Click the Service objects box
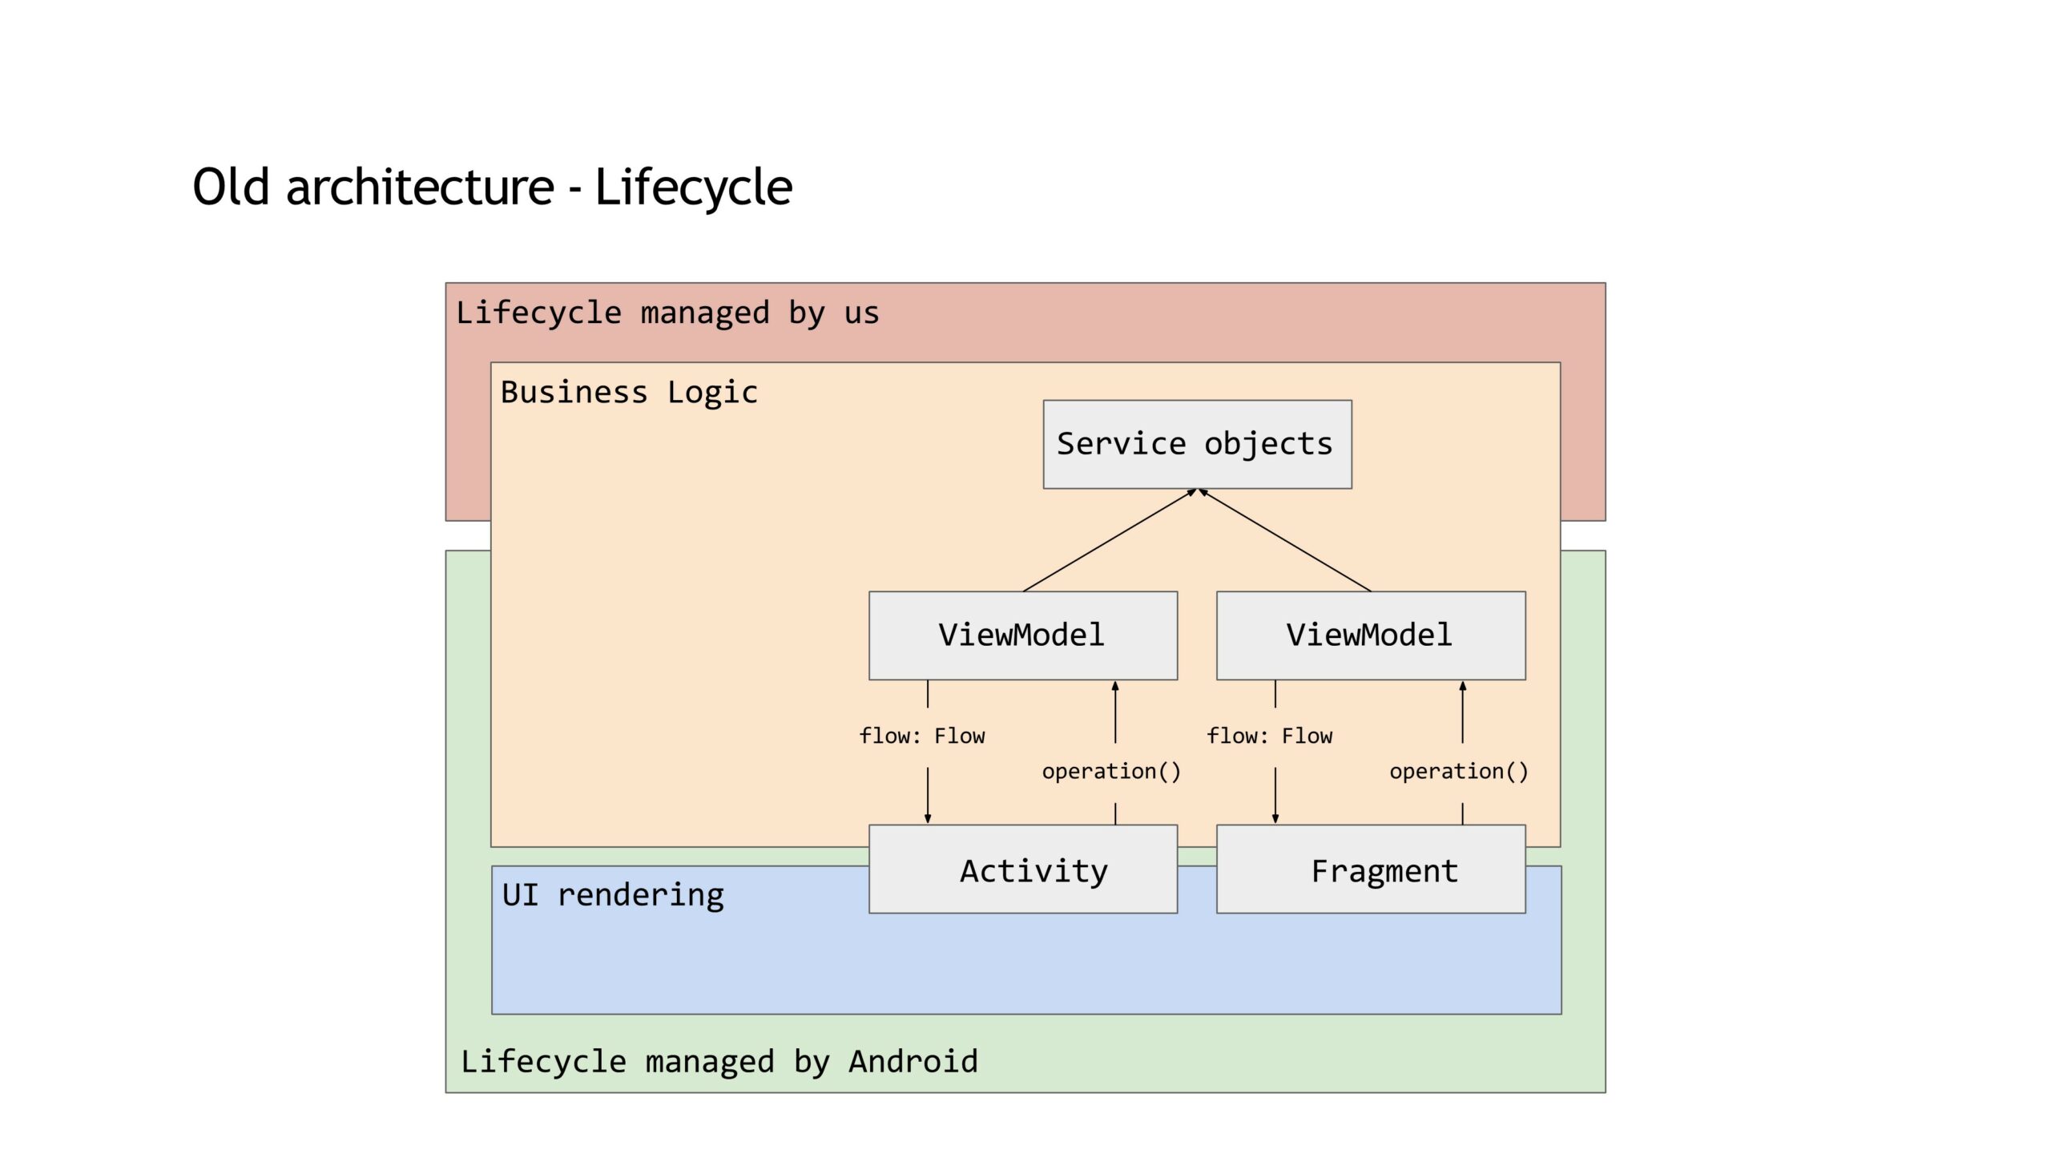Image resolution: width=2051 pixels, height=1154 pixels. pyautogui.click(x=1197, y=444)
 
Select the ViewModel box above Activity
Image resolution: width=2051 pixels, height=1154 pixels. pyautogui.click(x=1023, y=636)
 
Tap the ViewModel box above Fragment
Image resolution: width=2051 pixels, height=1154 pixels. pyautogui.click(x=1371, y=636)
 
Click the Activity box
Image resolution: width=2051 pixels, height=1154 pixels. pyautogui.click(x=1023, y=869)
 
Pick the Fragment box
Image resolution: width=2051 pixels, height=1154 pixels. pyautogui.click(x=1371, y=869)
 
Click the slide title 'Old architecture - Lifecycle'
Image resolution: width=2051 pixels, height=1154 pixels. pyautogui.click(x=493, y=188)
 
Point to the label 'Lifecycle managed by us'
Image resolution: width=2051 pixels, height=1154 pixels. pyautogui.click(x=667, y=313)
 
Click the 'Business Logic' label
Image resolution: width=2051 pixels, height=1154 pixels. pyautogui.click(x=629, y=393)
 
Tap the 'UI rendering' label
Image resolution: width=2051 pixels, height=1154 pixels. pyautogui.click(x=613, y=895)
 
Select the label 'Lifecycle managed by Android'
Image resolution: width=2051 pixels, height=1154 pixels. pyautogui.click(x=719, y=1062)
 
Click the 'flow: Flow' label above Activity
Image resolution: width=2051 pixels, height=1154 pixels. pyautogui.click(x=922, y=736)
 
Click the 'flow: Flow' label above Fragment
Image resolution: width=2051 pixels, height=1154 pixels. pyautogui.click(x=1270, y=736)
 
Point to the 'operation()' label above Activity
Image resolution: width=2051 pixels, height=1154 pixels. pyautogui.click(x=1111, y=772)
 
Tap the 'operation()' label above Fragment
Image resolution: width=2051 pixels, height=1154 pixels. pyautogui.click(x=1459, y=772)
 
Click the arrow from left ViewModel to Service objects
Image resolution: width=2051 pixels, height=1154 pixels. pyautogui.click(x=1110, y=540)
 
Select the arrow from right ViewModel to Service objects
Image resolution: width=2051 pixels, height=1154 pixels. pyautogui.click(x=1284, y=540)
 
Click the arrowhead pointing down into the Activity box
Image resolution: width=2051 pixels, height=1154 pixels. pyautogui.click(x=928, y=818)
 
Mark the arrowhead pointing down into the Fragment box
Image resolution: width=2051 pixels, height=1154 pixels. pyautogui.click(x=1275, y=818)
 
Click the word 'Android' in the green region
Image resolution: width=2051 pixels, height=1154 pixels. pyautogui.click(x=913, y=1062)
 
